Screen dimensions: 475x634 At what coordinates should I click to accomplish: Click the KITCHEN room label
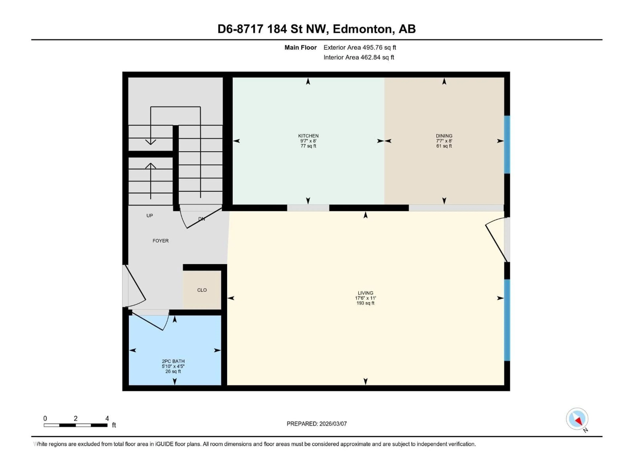(308, 136)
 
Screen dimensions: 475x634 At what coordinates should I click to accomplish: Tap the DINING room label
(444, 136)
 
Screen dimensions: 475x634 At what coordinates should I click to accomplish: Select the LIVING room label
(365, 293)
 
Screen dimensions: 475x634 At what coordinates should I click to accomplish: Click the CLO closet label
(202, 290)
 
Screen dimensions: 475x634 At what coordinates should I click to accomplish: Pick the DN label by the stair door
(201, 219)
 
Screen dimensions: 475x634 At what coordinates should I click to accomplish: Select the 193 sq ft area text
(365, 303)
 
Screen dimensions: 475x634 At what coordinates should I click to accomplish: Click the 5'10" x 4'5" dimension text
(173, 366)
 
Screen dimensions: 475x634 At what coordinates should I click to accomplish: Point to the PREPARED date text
(317, 424)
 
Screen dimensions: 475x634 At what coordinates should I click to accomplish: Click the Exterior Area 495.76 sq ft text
(360, 47)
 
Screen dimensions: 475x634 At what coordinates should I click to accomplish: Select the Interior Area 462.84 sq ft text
(359, 57)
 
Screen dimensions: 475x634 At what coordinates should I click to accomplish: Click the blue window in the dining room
(507, 145)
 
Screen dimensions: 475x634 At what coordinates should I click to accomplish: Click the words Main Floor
(300, 47)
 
